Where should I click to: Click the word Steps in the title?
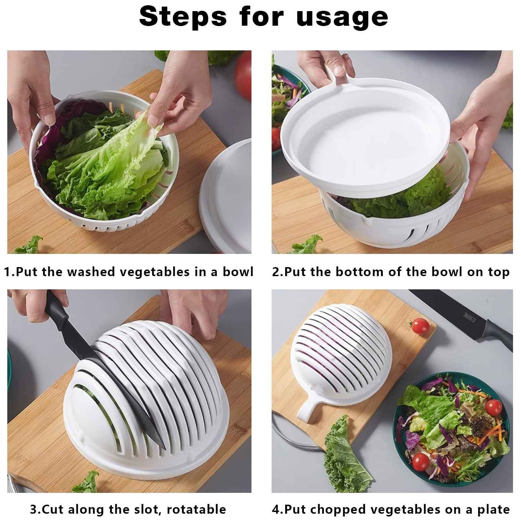[183, 17]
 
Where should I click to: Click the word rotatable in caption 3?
[196, 510]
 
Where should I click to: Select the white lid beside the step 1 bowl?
[228, 195]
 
